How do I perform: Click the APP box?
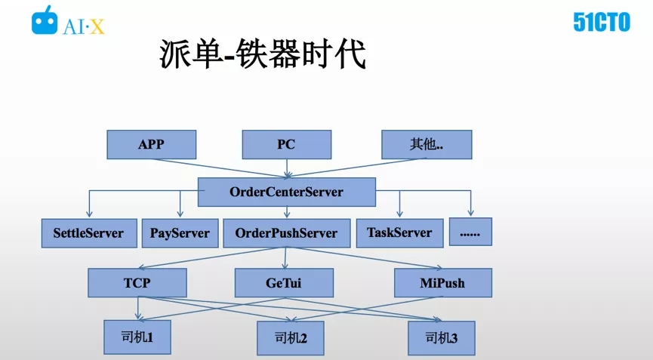coord(152,144)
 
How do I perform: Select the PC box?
coord(287,144)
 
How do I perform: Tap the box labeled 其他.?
coord(427,144)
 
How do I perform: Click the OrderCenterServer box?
coord(287,192)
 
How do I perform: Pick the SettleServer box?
coord(89,233)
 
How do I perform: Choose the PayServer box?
coord(180,233)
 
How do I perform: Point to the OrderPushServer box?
coord(287,233)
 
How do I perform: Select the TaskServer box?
coord(400,233)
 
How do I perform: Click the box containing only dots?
coord(470,232)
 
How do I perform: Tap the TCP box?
coord(137,282)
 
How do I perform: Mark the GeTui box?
coord(284,282)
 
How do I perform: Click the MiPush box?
coord(443,282)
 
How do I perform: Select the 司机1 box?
coord(137,337)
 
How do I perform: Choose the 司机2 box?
coord(291,338)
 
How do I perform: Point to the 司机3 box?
coord(442,338)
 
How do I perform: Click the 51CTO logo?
coord(602,22)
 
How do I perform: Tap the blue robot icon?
coord(45,20)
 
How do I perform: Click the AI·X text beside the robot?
coord(83,27)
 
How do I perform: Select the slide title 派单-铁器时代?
coord(263,54)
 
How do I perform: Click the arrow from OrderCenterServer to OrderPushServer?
coord(287,212)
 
